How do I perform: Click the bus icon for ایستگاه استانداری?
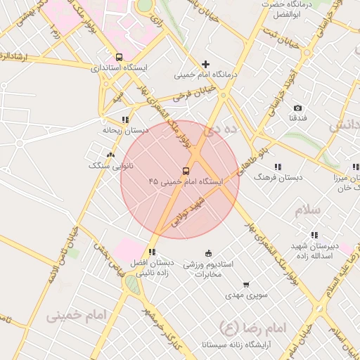[x=118, y=57]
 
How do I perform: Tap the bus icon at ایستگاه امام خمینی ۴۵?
[x=186, y=170]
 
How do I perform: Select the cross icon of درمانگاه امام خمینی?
[x=205, y=64]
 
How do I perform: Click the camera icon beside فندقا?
[x=298, y=108]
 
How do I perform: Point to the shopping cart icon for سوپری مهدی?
[x=246, y=285]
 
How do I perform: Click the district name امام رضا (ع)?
[x=254, y=328]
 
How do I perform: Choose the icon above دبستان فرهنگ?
[x=278, y=167]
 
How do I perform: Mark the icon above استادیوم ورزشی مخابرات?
[x=208, y=253]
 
